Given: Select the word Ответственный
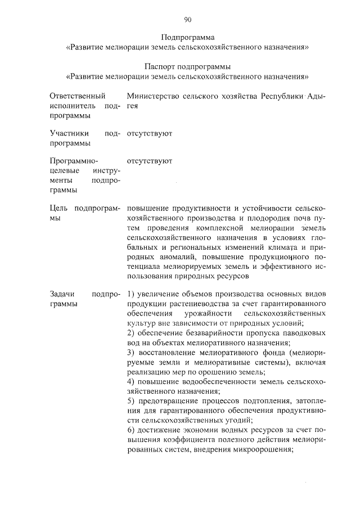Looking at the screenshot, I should (70, 96).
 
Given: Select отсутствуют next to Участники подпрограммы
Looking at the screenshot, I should (149, 133).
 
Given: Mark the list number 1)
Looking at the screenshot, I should (130, 295).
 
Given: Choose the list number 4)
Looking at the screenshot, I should (130, 382).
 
